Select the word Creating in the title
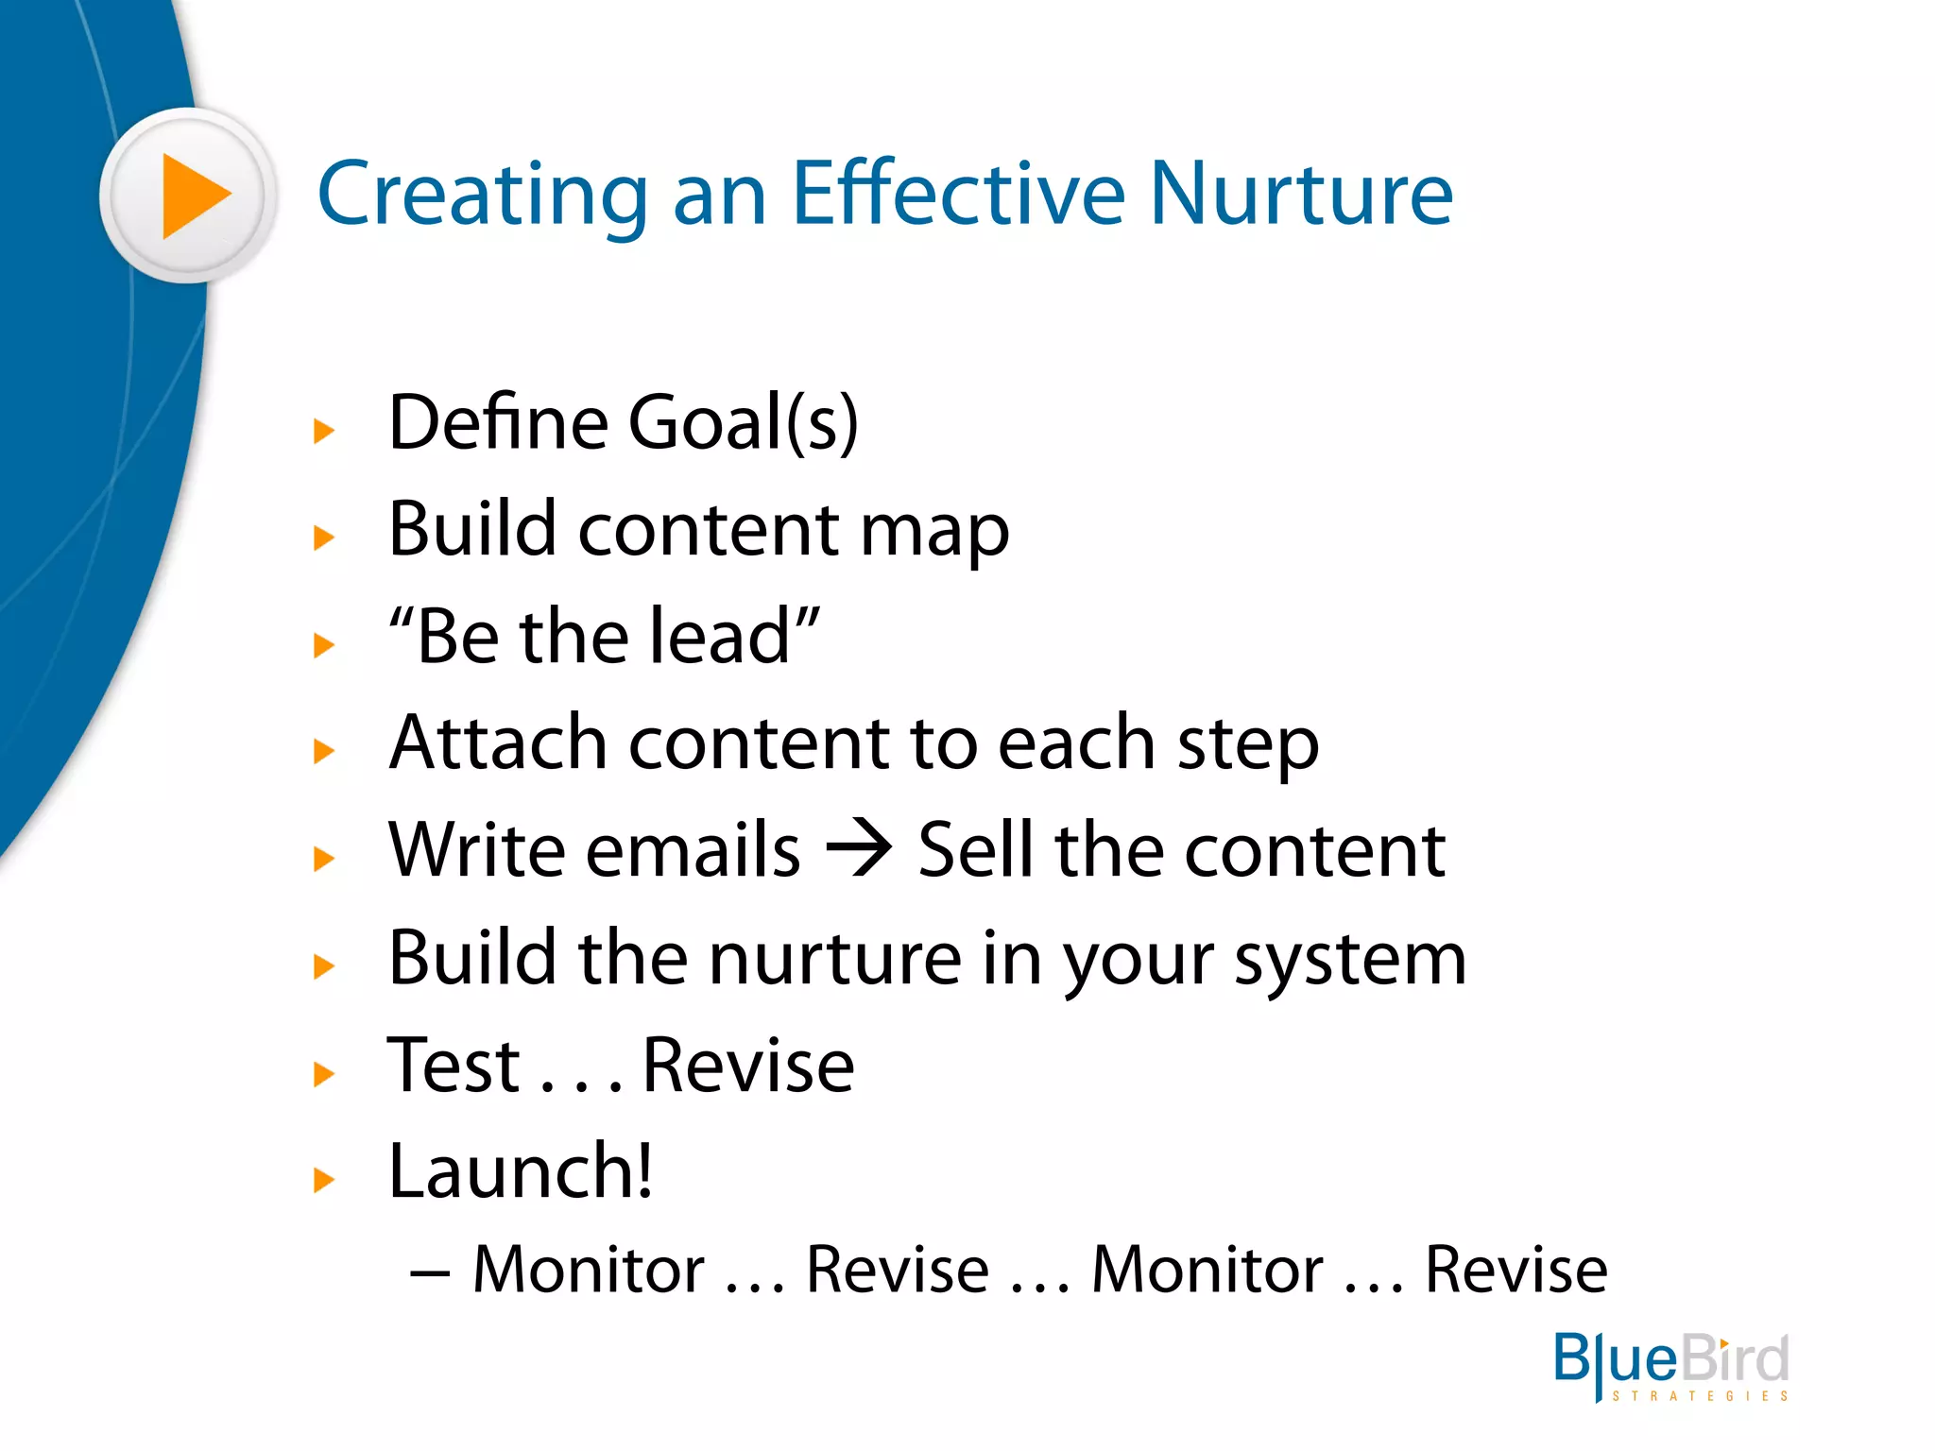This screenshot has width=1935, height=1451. [482, 196]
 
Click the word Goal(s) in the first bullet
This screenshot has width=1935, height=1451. [743, 422]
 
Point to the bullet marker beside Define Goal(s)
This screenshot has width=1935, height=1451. [324, 432]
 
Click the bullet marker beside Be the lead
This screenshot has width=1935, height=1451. [324, 645]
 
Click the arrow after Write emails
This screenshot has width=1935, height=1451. [858, 847]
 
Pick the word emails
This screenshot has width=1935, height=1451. [693, 849]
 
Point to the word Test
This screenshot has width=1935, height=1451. [454, 1065]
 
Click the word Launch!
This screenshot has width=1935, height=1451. [520, 1171]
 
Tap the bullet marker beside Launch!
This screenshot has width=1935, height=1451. [324, 1180]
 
